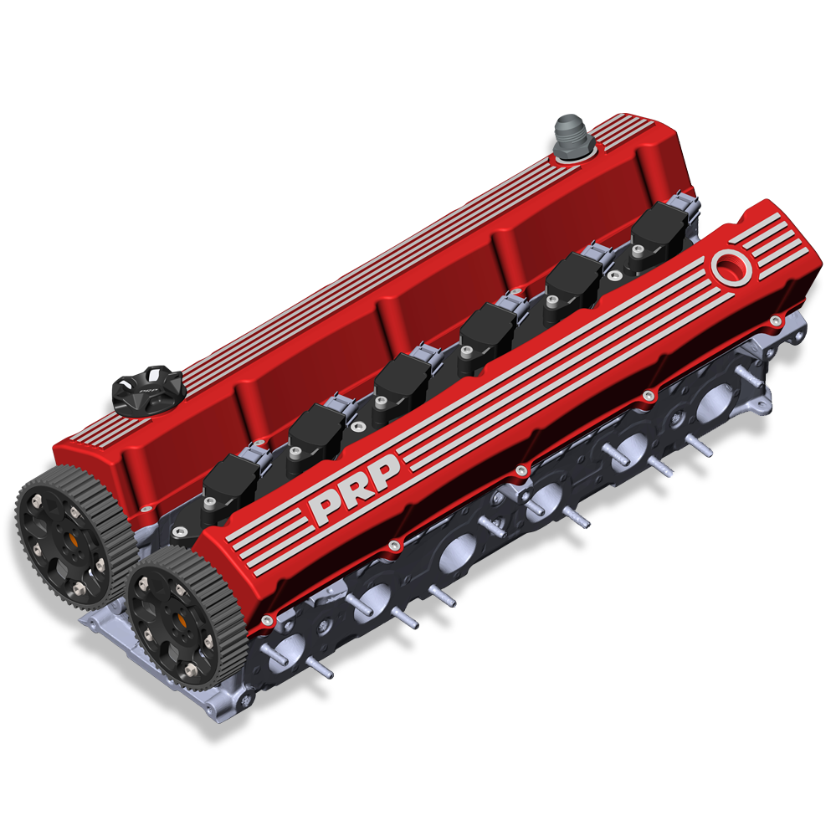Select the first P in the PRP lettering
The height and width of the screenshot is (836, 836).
[322, 511]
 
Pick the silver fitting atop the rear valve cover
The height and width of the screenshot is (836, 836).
[573, 136]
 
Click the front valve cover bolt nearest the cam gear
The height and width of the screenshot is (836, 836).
[266, 620]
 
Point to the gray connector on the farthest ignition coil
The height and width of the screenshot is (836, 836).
[688, 203]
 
